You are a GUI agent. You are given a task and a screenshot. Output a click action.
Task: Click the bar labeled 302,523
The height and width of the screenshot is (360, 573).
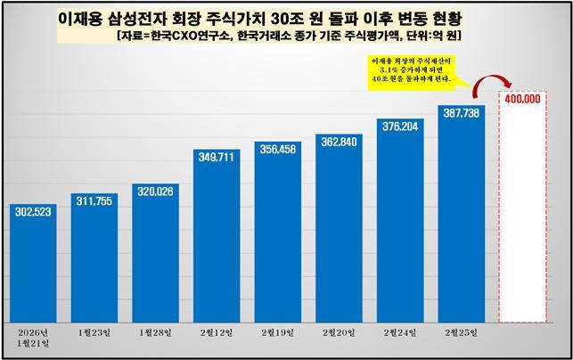pos(34,267)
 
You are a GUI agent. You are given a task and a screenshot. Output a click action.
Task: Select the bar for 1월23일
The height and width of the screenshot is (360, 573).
pos(94,263)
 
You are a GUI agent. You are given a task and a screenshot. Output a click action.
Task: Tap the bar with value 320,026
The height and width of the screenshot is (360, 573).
pos(155,258)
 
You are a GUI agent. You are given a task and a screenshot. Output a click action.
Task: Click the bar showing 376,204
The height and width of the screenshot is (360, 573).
pos(400,227)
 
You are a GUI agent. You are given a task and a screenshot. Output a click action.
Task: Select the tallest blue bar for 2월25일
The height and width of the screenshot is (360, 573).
pos(461,223)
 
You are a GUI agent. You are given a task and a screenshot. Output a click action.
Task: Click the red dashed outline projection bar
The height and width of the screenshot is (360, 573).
pos(522,214)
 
